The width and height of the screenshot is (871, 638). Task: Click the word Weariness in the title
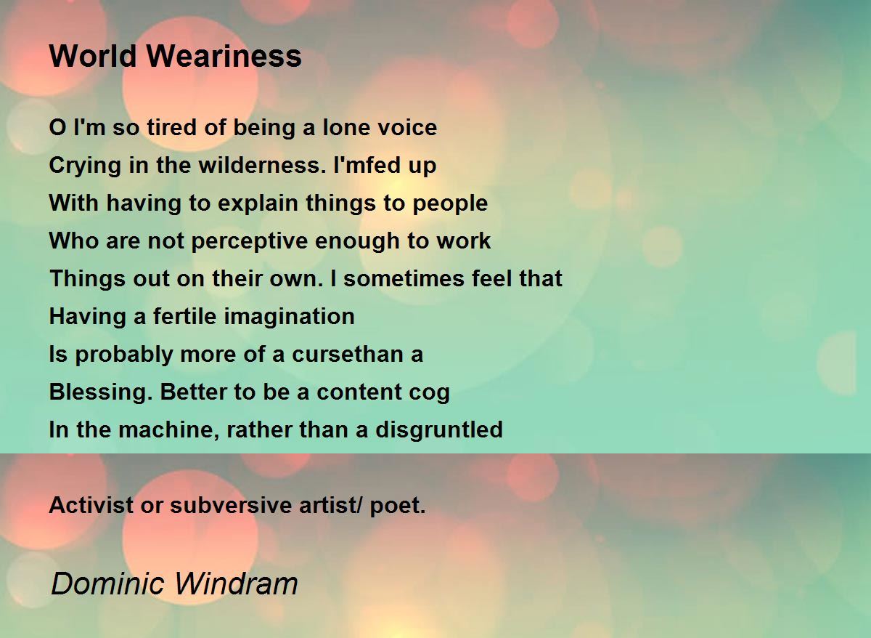(224, 56)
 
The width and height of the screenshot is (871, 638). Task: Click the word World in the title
(93, 56)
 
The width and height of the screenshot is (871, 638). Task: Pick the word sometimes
(404, 279)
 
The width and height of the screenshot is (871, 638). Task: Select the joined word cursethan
(347, 355)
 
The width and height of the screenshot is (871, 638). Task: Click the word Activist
(91, 505)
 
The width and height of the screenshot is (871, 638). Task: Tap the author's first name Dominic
(107, 584)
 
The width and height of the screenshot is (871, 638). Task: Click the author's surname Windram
(236, 584)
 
